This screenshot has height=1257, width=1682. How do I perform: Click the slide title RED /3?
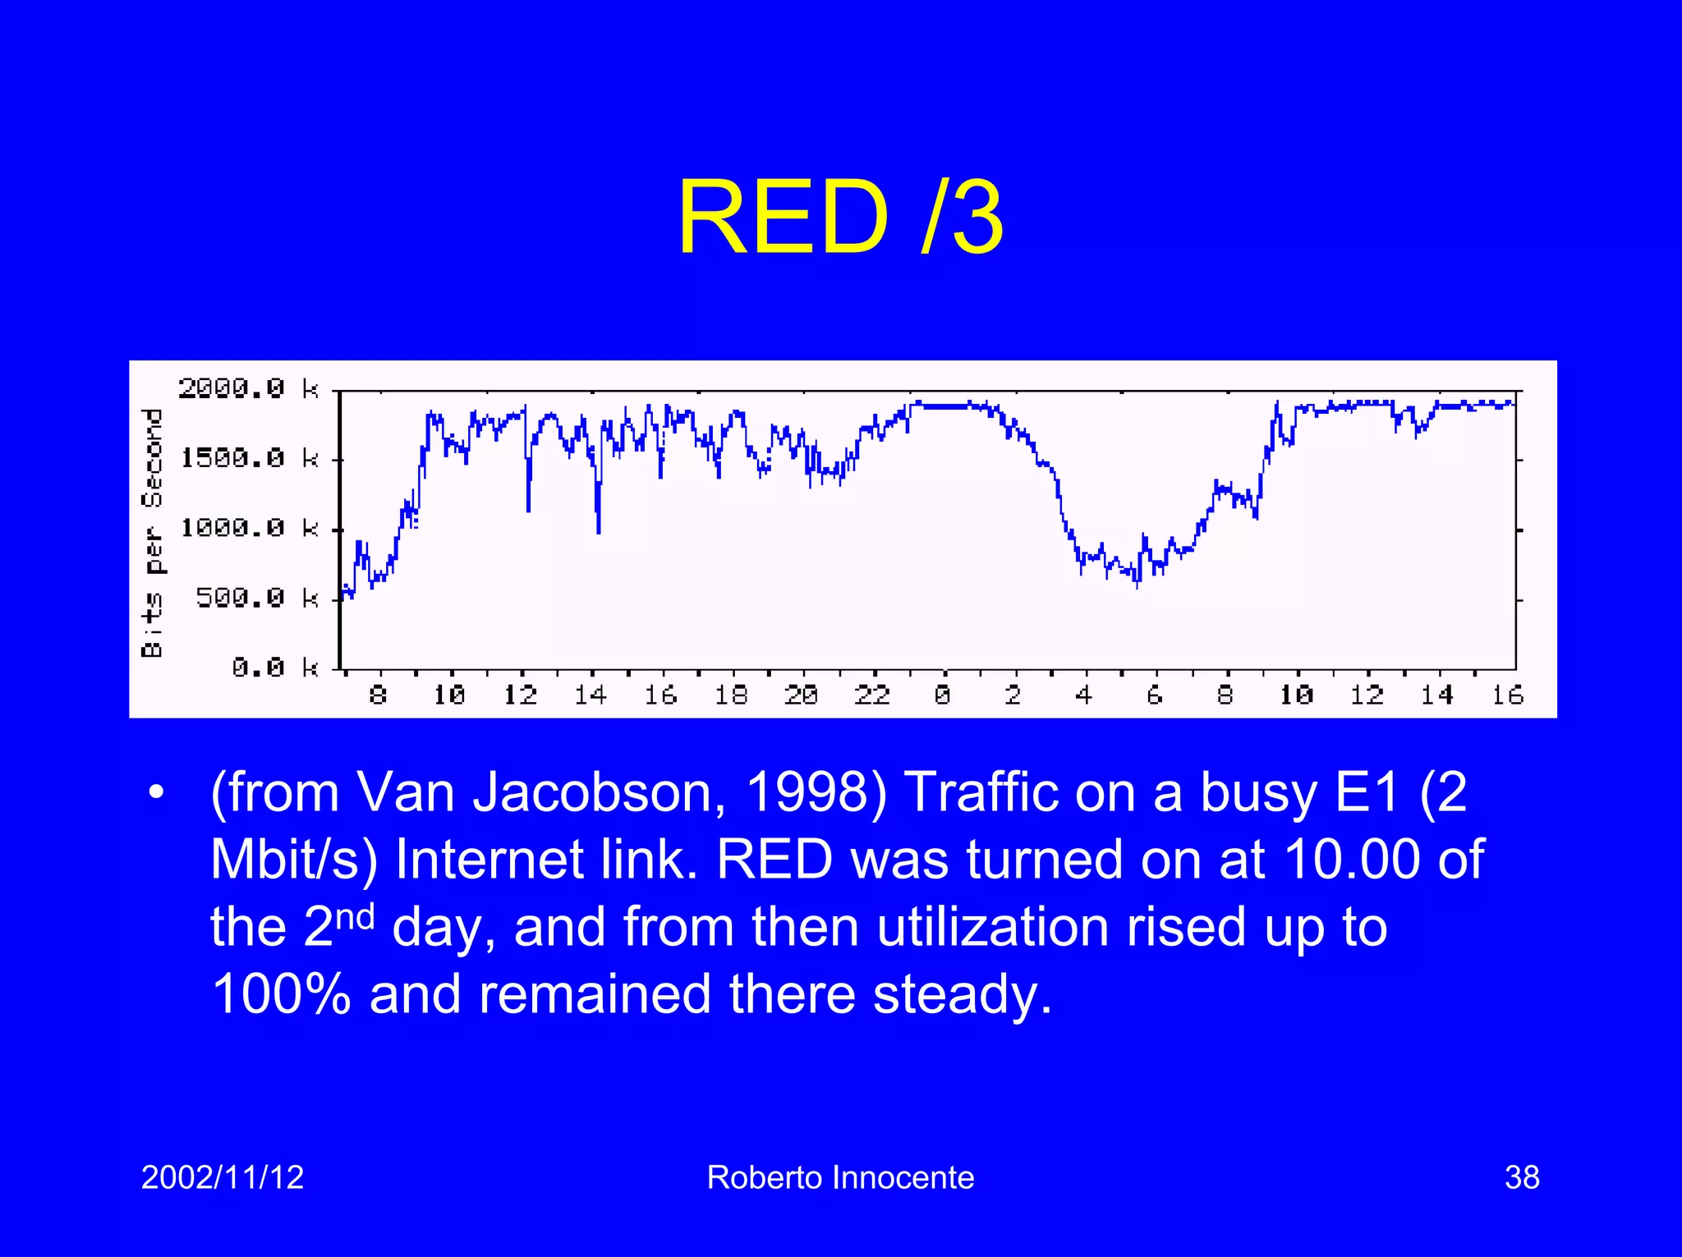[x=840, y=218]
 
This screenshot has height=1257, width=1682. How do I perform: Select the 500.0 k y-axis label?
[x=255, y=598]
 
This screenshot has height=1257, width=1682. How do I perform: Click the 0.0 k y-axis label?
[x=273, y=667]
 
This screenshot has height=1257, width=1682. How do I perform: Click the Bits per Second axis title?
[x=153, y=533]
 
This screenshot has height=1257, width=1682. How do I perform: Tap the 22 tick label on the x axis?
[x=871, y=695]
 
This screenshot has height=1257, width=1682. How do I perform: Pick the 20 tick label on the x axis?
[x=801, y=695]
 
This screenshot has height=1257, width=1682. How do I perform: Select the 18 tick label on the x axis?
[x=730, y=695]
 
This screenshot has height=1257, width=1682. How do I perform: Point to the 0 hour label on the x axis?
[x=942, y=695]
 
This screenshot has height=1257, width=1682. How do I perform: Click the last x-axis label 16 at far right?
[x=1507, y=695]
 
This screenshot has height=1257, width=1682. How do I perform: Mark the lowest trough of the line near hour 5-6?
[x=1137, y=586]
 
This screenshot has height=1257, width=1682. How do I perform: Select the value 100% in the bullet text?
[x=281, y=993]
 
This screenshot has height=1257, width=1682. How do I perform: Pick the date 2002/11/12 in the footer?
[x=223, y=1177]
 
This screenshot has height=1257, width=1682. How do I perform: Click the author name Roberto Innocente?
[x=840, y=1177]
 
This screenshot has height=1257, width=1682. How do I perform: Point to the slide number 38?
[x=1521, y=1177]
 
